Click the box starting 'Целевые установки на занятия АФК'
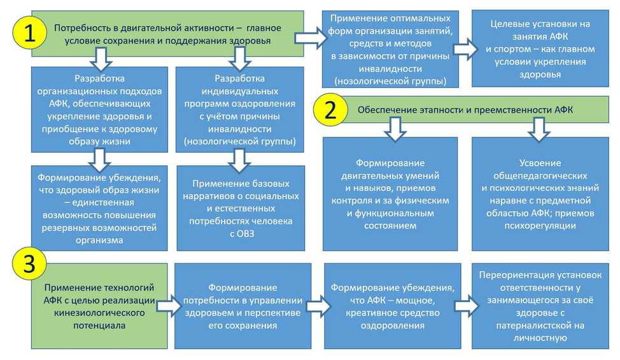point(540,49)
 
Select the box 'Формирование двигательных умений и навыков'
point(390,194)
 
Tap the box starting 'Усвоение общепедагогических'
point(539,194)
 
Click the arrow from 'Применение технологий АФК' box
point(167,306)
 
